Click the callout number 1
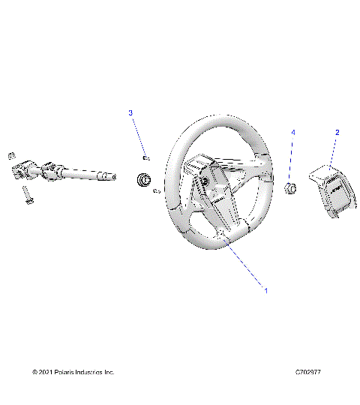(263, 287)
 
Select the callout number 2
(337, 132)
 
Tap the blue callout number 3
(130, 112)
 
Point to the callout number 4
(293, 132)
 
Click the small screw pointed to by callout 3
(145, 157)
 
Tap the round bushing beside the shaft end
(142, 180)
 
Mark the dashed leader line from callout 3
(137, 135)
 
